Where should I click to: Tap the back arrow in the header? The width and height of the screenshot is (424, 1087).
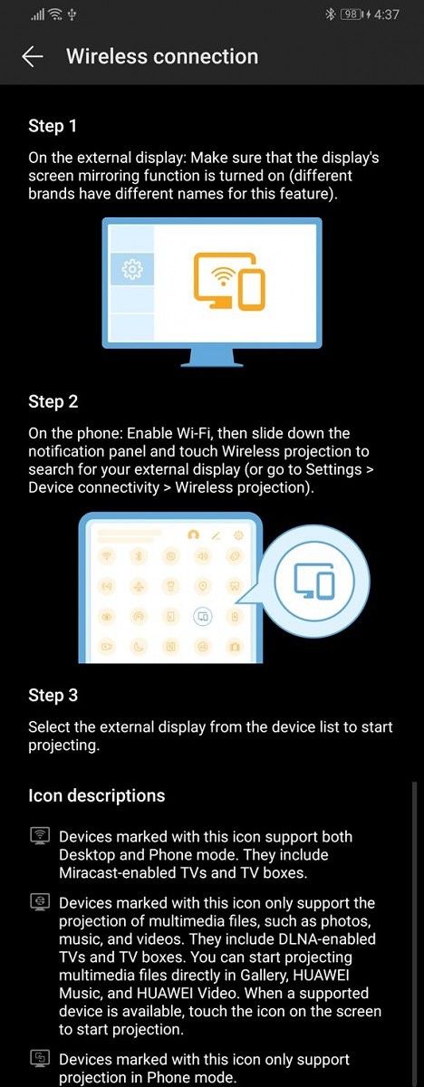pyautogui.click(x=33, y=56)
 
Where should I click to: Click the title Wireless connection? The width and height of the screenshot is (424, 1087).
pyautogui.click(x=162, y=56)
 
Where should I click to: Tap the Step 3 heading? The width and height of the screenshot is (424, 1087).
pyautogui.click(x=53, y=696)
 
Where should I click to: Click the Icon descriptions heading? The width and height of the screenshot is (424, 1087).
pyautogui.click(x=97, y=795)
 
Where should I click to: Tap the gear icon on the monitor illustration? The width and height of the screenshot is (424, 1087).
pyautogui.click(x=132, y=269)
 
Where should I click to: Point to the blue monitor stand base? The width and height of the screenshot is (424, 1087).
pyautogui.click(x=212, y=360)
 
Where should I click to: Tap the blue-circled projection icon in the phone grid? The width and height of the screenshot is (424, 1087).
pyautogui.click(x=203, y=618)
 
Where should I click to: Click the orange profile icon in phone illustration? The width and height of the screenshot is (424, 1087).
pyautogui.click(x=193, y=535)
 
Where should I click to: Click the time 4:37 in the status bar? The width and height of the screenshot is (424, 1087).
pyautogui.click(x=386, y=14)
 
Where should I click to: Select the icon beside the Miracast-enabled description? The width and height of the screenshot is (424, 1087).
pyautogui.click(x=38, y=836)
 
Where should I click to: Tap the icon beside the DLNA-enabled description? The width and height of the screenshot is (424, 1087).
pyautogui.click(x=38, y=902)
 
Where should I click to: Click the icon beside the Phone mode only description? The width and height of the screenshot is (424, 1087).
pyautogui.click(x=38, y=1059)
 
